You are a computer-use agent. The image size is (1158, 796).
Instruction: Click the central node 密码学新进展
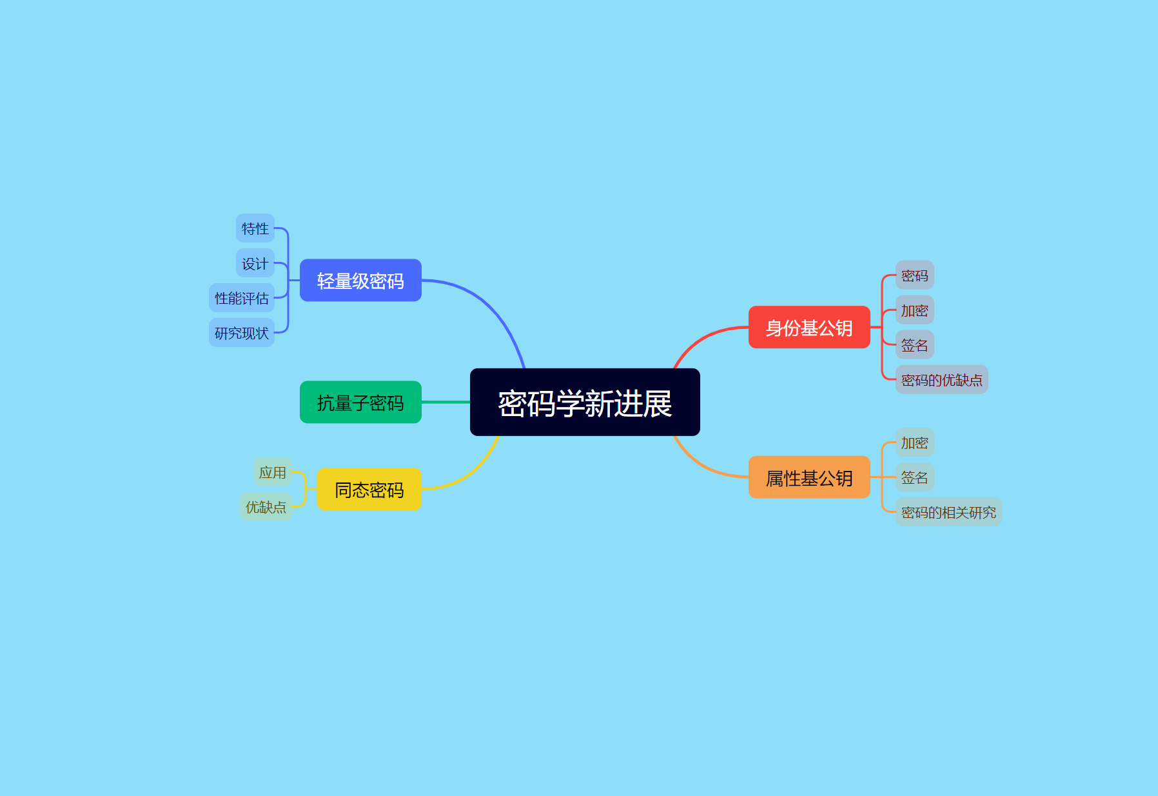click(x=585, y=403)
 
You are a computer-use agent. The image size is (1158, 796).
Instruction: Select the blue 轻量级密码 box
click(x=360, y=281)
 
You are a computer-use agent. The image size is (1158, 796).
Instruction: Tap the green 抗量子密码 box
click(x=360, y=403)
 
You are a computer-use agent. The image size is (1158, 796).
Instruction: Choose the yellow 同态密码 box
click(x=369, y=490)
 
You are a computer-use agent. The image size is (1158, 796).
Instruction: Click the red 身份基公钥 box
click(x=809, y=328)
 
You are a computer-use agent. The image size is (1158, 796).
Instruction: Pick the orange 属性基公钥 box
click(x=809, y=477)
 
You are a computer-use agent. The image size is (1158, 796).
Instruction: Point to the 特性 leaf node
click(x=255, y=228)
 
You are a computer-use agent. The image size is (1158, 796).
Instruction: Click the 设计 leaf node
click(x=255, y=263)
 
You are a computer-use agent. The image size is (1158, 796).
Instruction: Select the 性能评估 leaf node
click(x=242, y=298)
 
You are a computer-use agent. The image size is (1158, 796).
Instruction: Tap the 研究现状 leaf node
click(x=242, y=333)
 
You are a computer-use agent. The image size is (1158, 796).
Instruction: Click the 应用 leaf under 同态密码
click(x=273, y=472)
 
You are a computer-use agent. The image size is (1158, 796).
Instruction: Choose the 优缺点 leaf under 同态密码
click(x=266, y=507)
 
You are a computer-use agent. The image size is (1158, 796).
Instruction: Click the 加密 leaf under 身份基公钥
click(x=914, y=310)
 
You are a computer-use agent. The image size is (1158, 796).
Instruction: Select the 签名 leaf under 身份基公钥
click(x=914, y=345)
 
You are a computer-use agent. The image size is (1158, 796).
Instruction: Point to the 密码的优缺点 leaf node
click(x=941, y=380)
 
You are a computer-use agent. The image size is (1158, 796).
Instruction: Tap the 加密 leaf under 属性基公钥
click(x=914, y=443)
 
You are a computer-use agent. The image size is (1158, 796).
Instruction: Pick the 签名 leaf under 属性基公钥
click(x=914, y=477)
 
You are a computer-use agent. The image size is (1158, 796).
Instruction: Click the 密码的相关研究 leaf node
click(x=948, y=512)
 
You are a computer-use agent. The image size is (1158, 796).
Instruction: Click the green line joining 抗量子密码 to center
click(x=446, y=403)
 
